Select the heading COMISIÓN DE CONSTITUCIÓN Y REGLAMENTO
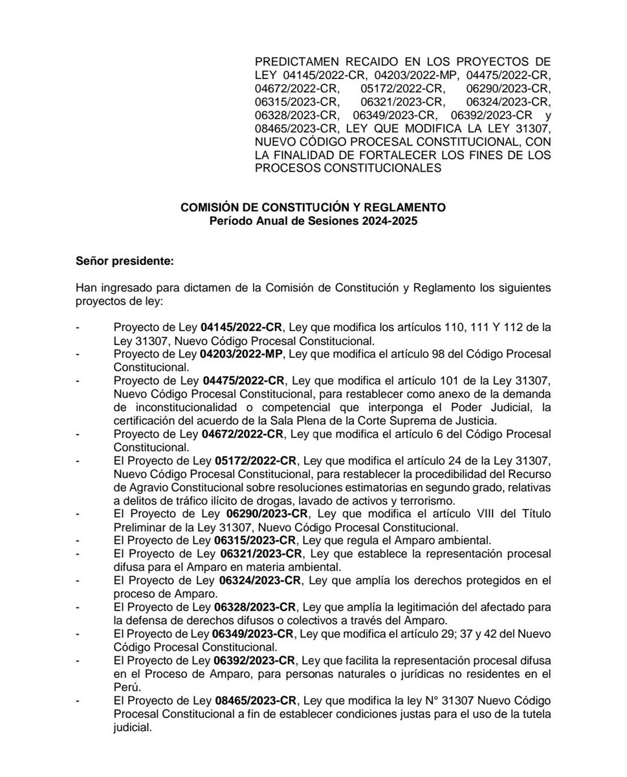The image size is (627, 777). (x=313, y=208)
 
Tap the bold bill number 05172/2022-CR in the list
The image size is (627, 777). (x=254, y=461)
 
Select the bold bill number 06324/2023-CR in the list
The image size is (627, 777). (x=254, y=581)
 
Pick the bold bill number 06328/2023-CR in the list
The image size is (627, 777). (x=254, y=608)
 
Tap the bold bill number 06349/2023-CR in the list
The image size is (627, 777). (x=254, y=635)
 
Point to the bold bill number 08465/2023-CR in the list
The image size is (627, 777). (x=254, y=702)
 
